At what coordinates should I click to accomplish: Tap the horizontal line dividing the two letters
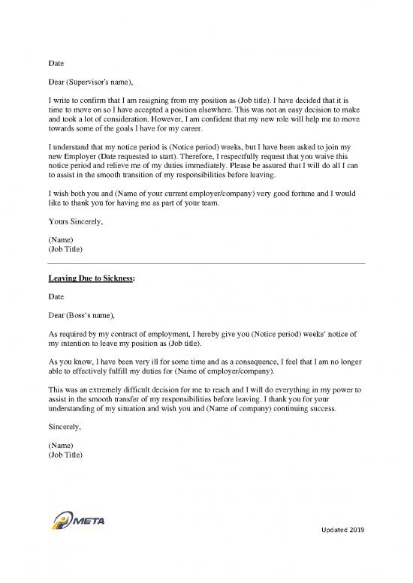point(206,264)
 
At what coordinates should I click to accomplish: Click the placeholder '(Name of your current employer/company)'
point(172,193)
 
